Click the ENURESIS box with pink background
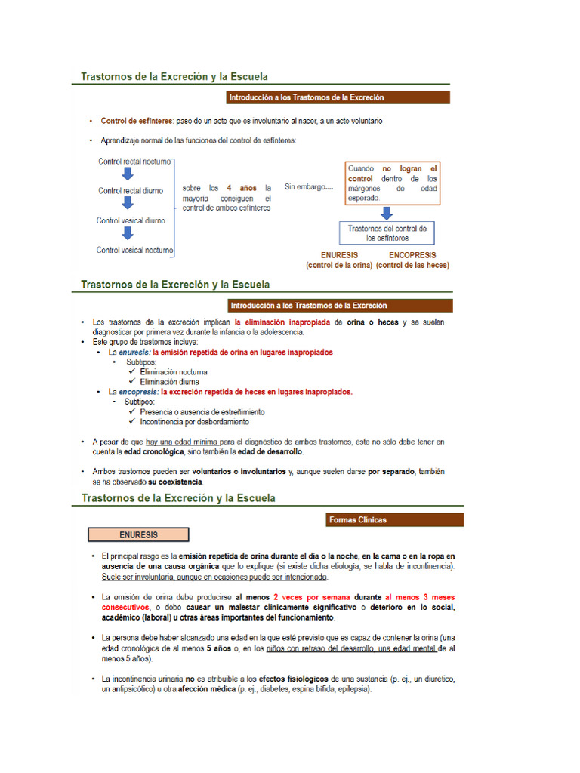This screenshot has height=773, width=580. (x=138, y=534)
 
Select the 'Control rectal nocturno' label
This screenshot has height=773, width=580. (x=134, y=162)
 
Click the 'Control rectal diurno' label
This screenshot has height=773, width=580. (x=131, y=191)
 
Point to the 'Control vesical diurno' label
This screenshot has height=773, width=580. (x=131, y=220)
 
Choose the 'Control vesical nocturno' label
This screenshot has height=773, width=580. (x=134, y=250)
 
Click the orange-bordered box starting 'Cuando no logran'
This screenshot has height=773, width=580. (x=392, y=183)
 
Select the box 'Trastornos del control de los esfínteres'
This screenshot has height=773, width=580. (x=387, y=233)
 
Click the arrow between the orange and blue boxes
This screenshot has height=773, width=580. (x=387, y=212)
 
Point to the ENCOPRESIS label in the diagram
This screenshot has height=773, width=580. (x=412, y=255)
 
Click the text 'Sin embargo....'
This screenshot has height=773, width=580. (x=308, y=186)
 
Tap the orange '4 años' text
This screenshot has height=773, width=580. (x=243, y=187)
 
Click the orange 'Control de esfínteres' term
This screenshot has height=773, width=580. (x=136, y=121)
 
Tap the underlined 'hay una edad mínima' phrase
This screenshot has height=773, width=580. (x=182, y=442)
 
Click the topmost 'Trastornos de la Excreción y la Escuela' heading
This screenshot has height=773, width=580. (x=174, y=76)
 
